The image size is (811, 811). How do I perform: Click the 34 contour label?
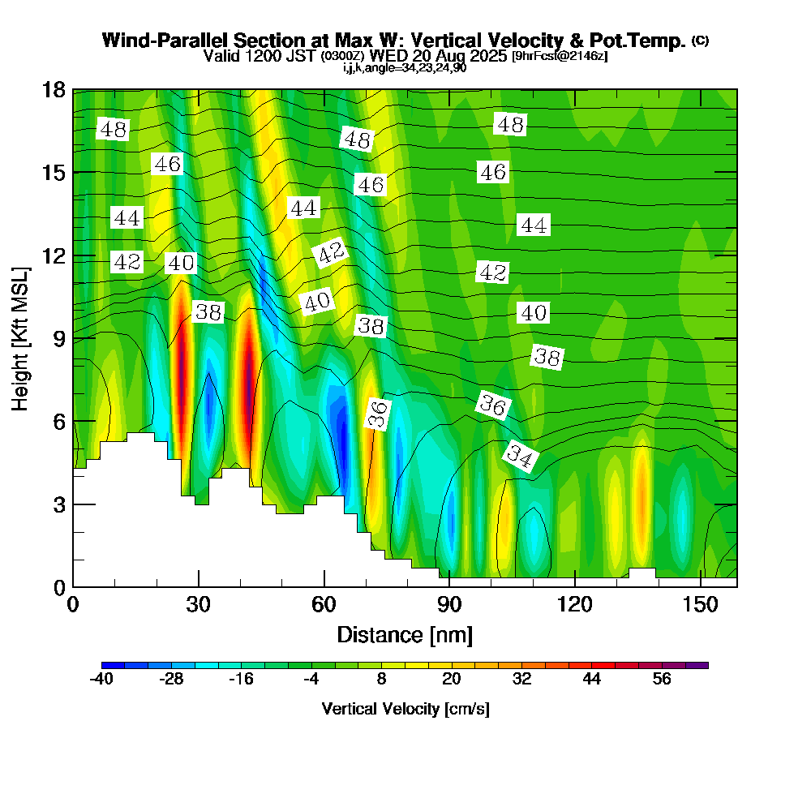point(519,457)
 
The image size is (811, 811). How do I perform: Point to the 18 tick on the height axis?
point(73,89)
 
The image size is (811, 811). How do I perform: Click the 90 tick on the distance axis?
point(449,586)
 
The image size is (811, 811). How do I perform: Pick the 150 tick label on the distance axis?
point(700,605)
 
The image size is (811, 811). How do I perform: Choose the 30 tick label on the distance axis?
point(198,605)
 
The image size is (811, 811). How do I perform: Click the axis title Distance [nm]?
point(405,634)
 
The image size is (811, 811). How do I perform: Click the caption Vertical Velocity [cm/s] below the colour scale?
point(405,709)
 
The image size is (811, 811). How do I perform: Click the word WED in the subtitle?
point(390,56)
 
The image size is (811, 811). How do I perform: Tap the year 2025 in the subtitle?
point(489,56)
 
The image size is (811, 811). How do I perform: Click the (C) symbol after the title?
point(700,40)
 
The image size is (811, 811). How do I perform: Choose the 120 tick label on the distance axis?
point(574,605)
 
